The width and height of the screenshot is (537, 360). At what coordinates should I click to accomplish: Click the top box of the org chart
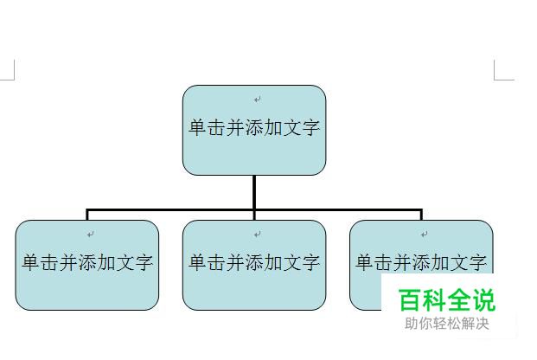coord(253,151)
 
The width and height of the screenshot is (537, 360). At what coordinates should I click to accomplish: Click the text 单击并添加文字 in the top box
coord(254,127)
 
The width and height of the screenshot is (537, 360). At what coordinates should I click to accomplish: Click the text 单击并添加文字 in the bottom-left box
coord(87,262)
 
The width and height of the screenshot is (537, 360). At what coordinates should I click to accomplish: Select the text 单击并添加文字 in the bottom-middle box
coord(254,262)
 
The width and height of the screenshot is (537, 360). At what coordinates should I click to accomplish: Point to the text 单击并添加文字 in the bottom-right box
coord(421,262)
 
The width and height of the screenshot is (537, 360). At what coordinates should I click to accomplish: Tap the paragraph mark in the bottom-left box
coord(91,235)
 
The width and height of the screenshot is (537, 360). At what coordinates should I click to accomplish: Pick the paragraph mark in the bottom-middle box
coord(258,235)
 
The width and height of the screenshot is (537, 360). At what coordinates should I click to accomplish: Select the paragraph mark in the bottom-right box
coord(425,235)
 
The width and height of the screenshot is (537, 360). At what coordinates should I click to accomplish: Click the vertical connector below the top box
coord(254,191)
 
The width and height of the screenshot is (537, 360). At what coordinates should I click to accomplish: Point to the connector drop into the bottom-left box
coord(87,215)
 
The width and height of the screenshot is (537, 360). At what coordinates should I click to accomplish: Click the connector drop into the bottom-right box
coord(421,215)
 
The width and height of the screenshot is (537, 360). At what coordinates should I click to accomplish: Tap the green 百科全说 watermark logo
coord(446,300)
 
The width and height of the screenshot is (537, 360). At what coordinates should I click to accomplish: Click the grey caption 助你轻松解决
coord(446,324)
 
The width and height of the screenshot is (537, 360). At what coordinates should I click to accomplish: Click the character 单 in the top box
coord(198,127)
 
